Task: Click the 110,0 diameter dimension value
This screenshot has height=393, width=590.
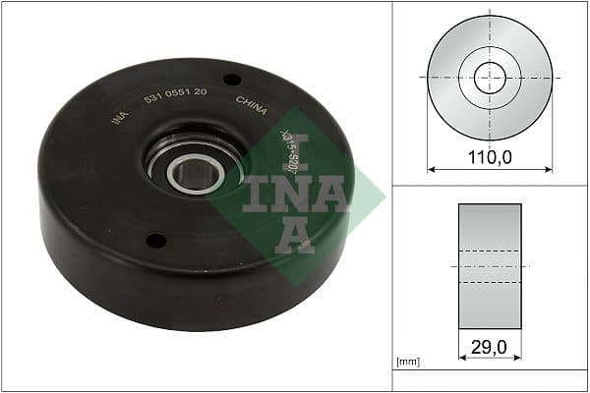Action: click(x=489, y=155)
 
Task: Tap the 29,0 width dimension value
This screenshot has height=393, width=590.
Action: click(x=490, y=346)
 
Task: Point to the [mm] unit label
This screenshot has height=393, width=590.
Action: click(x=407, y=363)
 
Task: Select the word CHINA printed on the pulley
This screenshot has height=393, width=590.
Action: click(x=252, y=105)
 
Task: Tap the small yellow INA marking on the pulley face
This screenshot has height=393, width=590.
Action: click(x=120, y=117)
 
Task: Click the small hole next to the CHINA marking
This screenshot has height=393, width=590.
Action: click(x=231, y=80)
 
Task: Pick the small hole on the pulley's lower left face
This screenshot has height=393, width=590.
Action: click(x=154, y=239)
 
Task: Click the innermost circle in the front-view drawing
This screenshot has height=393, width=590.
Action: click(x=489, y=78)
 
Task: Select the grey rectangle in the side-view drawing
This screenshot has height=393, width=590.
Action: click(x=490, y=266)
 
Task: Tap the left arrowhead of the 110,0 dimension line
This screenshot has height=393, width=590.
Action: click(x=431, y=169)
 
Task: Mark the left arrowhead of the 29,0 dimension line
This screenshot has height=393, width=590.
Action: click(x=462, y=360)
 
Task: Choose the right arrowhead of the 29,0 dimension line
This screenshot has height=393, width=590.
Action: click(x=517, y=360)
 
